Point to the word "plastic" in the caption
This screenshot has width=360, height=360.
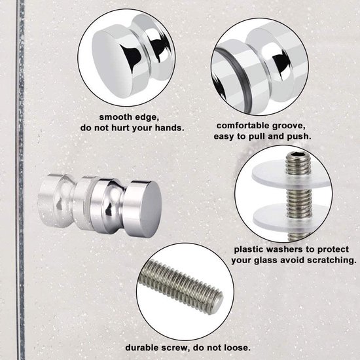coord(253,249)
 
